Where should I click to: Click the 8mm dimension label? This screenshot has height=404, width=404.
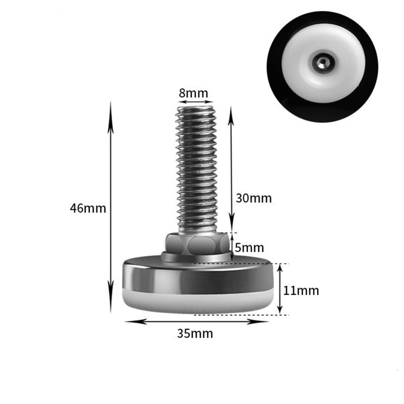pos(194,93)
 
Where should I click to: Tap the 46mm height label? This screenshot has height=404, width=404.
pos(88,208)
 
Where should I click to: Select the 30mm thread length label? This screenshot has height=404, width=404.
pos(254,198)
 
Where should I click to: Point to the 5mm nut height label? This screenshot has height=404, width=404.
pos(249,247)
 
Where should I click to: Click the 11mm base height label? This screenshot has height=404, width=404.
pos(301,290)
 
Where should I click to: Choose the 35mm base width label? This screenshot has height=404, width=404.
pos(195,334)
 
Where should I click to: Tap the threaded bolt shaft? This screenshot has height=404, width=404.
pos(197,170)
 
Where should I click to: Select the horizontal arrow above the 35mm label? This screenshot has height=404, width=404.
pos(196,322)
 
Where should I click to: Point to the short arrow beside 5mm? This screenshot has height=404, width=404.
pos(232,246)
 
